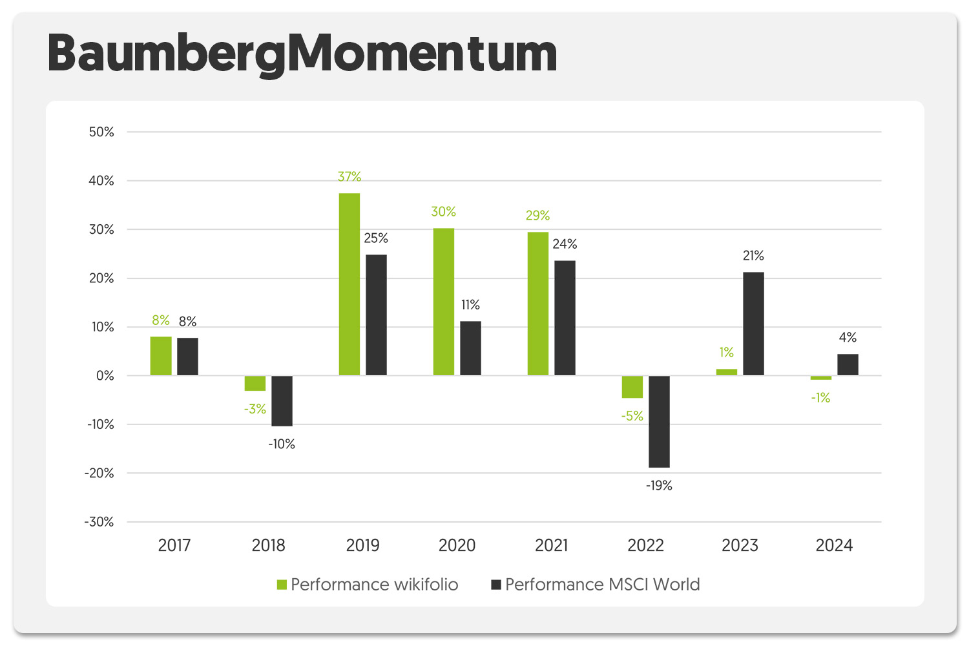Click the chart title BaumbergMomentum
point(302,54)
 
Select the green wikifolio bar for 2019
point(349,284)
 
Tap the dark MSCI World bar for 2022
point(659,421)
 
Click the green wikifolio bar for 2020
point(444,302)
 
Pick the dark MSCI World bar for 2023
point(753,324)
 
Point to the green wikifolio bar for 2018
point(255,383)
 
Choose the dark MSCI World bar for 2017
point(188,356)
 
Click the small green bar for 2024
point(821,378)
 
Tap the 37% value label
point(349,176)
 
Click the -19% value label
point(659,486)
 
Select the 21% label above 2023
point(753,256)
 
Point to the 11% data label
point(470,305)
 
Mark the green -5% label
point(632,416)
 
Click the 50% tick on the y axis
point(101,132)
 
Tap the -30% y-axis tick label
point(99,522)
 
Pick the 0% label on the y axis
point(105,376)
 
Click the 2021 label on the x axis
point(552,546)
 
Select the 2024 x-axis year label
point(834,546)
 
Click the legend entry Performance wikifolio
point(368,585)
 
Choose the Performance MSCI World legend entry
point(596,585)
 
